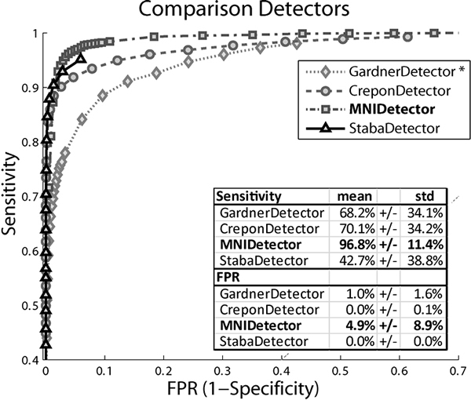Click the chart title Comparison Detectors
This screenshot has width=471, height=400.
point(235,11)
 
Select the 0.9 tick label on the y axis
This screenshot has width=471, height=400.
point(27,87)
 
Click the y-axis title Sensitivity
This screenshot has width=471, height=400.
point(12,195)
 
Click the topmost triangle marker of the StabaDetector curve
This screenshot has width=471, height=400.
point(81,58)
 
